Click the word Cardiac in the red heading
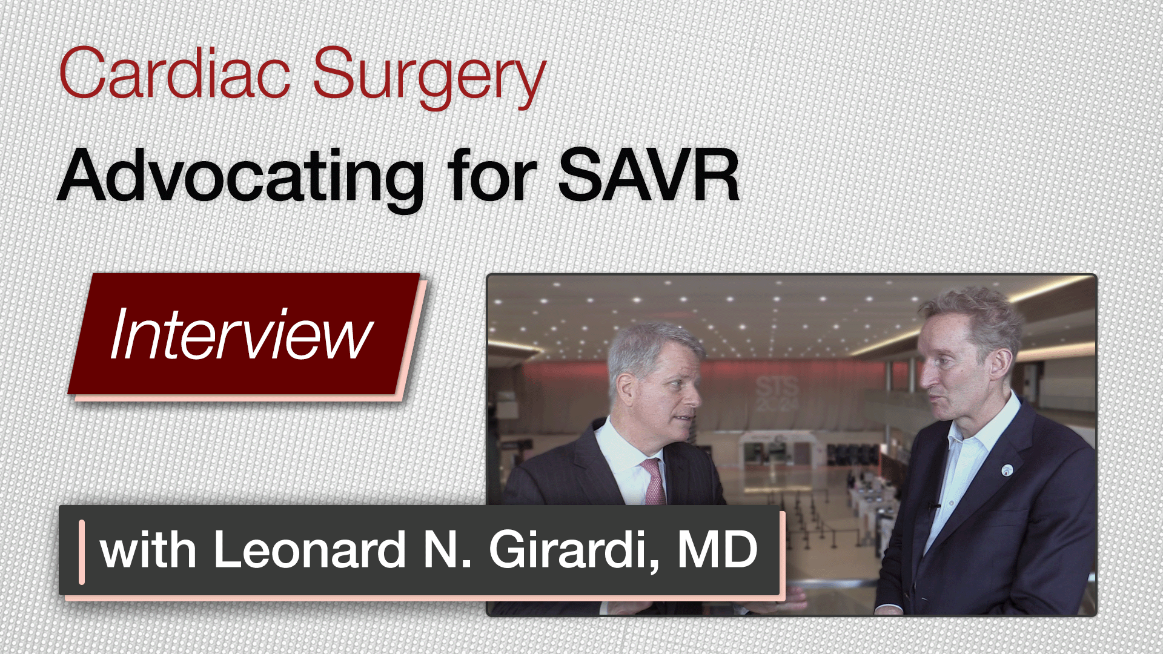click(174, 73)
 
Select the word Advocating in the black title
click(240, 177)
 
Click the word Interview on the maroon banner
click(241, 334)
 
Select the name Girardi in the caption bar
click(574, 549)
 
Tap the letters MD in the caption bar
click(717, 549)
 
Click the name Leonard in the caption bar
click(310, 549)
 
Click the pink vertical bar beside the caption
click(82, 552)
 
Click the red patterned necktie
click(653, 481)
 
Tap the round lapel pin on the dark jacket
click(1007, 470)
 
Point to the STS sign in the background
click(777, 394)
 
